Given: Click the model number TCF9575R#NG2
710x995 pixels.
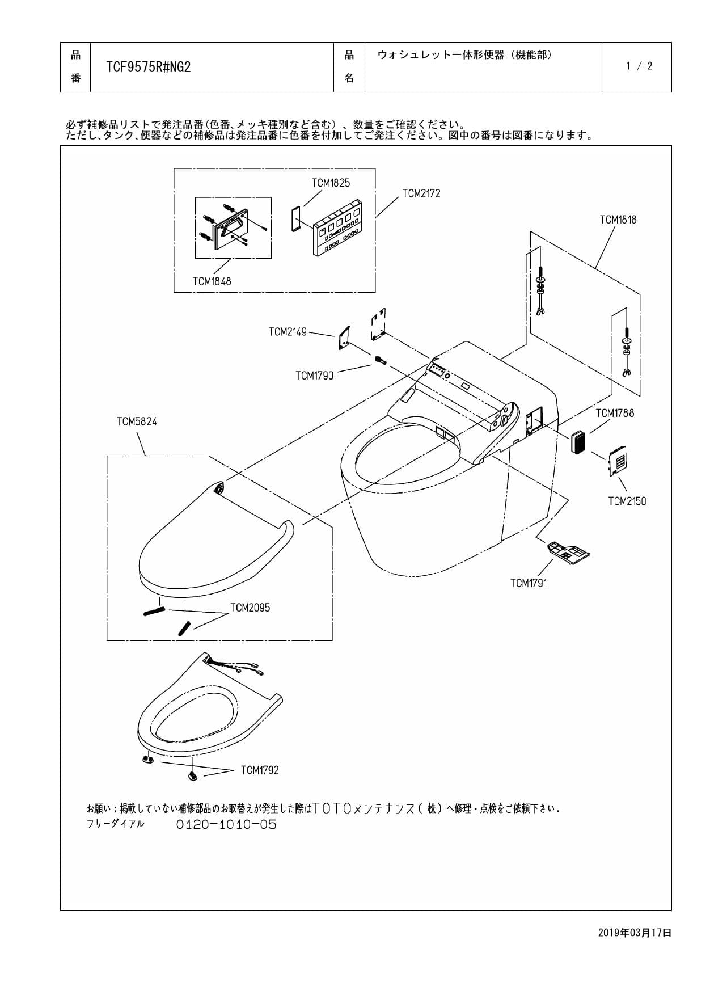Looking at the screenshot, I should pyautogui.click(x=149, y=68).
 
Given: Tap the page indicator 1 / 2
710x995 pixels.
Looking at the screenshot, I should pyautogui.click(x=639, y=66).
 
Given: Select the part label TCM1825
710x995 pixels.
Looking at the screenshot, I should pyautogui.click(x=331, y=183).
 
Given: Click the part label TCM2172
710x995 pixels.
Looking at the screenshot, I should pyautogui.click(x=421, y=193).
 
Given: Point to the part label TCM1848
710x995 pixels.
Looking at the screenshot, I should pyautogui.click(x=212, y=281).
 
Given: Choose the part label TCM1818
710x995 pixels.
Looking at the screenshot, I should pyautogui.click(x=618, y=220).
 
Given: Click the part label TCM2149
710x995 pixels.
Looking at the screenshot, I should pyautogui.click(x=288, y=332).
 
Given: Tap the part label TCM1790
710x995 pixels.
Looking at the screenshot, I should pyautogui.click(x=314, y=376).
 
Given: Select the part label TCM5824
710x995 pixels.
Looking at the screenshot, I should pyautogui.click(x=137, y=421).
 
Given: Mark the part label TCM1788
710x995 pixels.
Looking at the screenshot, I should pyautogui.click(x=615, y=413).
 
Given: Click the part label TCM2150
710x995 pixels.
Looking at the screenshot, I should pyautogui.click(x=627, y=501).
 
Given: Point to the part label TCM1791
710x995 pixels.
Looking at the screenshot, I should pyautogui.click(x=529, y=583).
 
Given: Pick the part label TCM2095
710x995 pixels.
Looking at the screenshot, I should pyautogui.click(x=250, y=608).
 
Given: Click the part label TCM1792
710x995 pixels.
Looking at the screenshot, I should pyautogui.click(x=260, y=770).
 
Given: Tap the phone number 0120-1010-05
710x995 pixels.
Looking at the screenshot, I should pyautogui.click(x=226, y=824).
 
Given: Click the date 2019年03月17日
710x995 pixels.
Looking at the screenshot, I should pyautogui.click(x=635, y=933).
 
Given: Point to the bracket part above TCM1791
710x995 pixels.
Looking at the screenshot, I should pyautogui.click(x=568, y=551).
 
